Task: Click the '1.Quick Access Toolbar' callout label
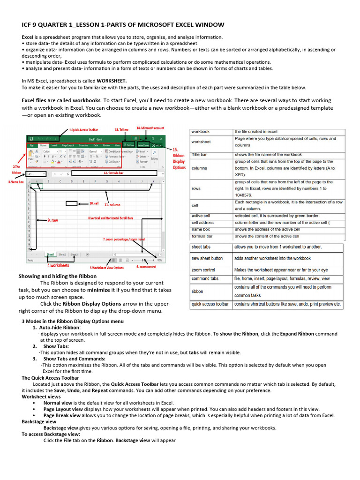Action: point(83,130)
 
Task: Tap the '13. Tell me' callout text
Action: point(121,129)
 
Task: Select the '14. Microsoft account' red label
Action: point(150,128)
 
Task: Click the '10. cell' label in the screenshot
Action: point(94,204)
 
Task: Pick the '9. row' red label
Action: point(52,220)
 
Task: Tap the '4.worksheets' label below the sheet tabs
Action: point(59,265)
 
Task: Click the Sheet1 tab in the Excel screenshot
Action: point(50,254)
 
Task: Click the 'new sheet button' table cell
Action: point(207,258)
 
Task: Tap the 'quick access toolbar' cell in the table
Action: point(210,304)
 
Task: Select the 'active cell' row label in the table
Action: point(201,216)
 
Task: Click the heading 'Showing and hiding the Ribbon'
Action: point(57,276)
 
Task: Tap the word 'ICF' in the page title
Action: point(27,24)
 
